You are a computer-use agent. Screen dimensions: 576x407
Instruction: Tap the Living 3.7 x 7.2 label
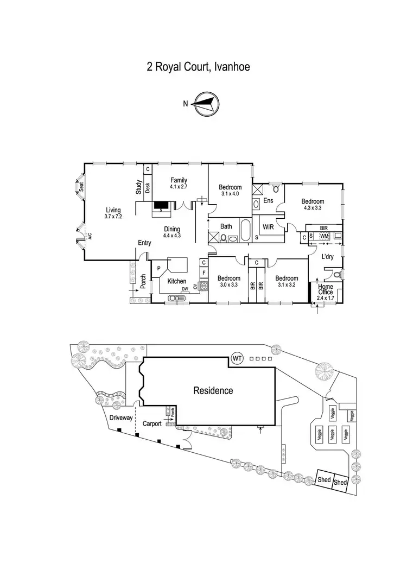[113, 213]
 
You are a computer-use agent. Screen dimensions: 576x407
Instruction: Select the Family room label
[179, 183]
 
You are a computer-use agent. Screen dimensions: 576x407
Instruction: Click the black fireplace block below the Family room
[161, 206]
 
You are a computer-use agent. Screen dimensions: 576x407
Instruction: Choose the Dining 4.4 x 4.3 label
[172, 232]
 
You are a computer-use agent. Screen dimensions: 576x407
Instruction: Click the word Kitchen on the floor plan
[177, 281]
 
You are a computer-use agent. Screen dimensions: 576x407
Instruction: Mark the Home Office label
[326, 290]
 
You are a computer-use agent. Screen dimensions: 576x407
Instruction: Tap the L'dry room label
[327, 257]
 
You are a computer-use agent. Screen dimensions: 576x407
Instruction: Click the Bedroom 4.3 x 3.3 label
[313, 204]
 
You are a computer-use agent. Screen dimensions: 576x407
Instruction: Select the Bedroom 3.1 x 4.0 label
[230, 190]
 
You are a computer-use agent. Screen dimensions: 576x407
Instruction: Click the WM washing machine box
[324, 236]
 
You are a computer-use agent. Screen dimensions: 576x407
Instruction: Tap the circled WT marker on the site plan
[237, 358]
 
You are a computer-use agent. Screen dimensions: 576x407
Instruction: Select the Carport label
[152, 424]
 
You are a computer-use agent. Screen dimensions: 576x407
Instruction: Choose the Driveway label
[120, 418]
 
